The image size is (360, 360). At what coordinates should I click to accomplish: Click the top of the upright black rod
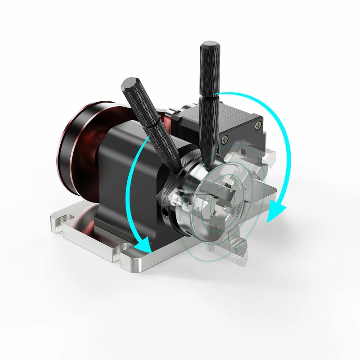pos(210,45)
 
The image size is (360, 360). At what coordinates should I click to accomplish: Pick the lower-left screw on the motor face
pos(224,140)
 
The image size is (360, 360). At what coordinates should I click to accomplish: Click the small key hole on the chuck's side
pos(167,211)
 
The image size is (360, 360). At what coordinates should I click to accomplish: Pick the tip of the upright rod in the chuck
pos(208,167)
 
